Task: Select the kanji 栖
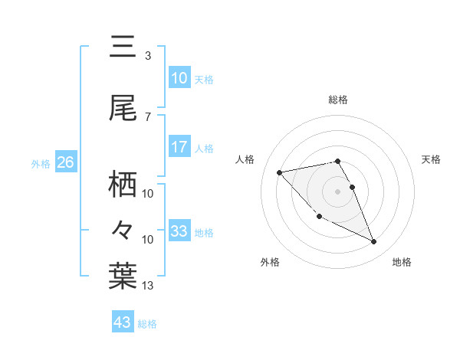point(123,184)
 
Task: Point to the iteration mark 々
point(123,229)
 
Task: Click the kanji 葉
point(123,277)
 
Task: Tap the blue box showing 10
point(179,78)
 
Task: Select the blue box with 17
point(179,147)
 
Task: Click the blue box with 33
point(179,231)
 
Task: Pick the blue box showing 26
point(65,162)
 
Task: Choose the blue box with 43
point(123,322)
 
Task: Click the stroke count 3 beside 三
point(148,56)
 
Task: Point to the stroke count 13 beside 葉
point(148,286)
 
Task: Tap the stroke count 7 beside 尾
point(148,116)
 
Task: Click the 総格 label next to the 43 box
point(147,324)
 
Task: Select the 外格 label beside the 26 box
point(41,164)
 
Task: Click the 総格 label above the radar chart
point(338,100)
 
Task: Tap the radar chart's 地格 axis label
point(402,262)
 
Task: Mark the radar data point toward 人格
point(279,172)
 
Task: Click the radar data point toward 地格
point(374,242)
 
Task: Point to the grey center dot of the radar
point(338,191)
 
